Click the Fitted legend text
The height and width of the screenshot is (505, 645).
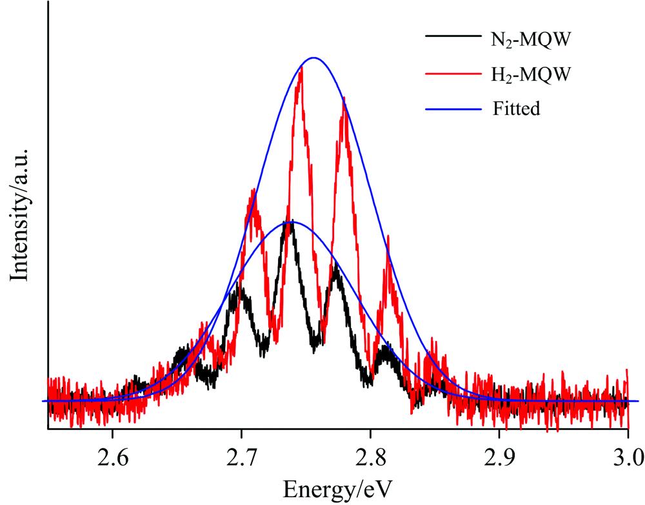pos(515,108)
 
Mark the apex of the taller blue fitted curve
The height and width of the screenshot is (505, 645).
pos(314,57)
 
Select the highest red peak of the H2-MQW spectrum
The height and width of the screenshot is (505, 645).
pos(301,67)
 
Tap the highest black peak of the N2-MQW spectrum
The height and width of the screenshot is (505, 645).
pos(292,222)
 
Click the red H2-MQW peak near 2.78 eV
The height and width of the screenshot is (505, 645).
pos(344,99)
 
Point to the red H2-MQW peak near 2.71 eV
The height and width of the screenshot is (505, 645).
pos(255,189)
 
